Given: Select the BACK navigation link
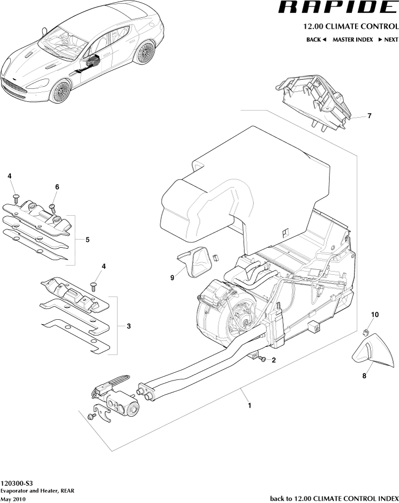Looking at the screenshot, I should (x=316, y=40).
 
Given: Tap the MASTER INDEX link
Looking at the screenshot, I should (x=352, y=40).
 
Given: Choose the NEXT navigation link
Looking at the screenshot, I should (x=388, y=40).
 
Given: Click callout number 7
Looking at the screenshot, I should (x=369, y=116).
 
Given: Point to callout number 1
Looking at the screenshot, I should (x=249, y=405).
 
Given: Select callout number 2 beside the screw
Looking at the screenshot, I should (x=274, y=360).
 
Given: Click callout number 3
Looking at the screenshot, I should (x=128, y=326).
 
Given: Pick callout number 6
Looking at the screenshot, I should (x=57, y=187).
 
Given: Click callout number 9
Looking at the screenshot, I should (x=172, y=278).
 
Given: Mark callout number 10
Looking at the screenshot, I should (x=375, y=314).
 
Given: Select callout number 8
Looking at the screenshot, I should (x=363, y=375).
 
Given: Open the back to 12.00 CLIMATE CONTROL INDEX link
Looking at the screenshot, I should (x=334, y=498).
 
